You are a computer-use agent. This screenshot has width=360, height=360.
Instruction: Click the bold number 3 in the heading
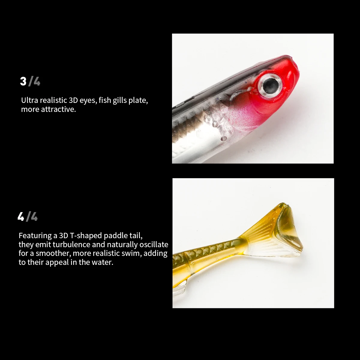pos(23,81)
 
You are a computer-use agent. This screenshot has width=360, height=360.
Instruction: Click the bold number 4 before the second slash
pos(21,217)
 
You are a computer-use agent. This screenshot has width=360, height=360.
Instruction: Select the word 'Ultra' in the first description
pos(29,100)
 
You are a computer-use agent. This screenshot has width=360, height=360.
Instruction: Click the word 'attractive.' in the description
pos(58,109)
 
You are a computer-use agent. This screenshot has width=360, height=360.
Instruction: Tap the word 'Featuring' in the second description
pos(35,235)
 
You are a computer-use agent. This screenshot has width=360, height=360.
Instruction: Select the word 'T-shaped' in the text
pos(87,235)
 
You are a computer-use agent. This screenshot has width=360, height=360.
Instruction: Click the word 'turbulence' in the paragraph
pos(71,244)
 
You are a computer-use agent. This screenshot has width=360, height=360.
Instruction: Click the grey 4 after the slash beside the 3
pos(37,81)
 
